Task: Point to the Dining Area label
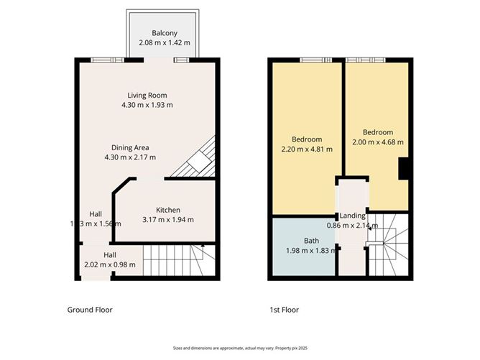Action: [x=130, y=147]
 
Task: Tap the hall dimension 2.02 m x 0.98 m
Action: [x=109, y=265]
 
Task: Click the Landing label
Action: [x=353, y=216]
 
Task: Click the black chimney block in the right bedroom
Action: [x=405, y=169]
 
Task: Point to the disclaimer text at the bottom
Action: [x=240, y=346]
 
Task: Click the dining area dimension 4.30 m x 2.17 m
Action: [x=130, y=157]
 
